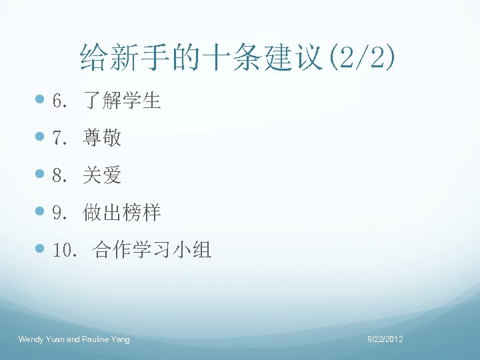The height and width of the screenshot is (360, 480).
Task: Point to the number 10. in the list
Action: click(66, 251)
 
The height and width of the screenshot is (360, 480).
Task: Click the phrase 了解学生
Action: click(122, 101)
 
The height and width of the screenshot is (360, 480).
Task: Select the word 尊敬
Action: click(102, 139)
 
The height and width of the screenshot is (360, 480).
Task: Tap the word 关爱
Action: click(102, 176)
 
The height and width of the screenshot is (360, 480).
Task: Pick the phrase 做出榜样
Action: click(122, 213)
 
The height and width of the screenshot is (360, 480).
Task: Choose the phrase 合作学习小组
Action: click(153, 251)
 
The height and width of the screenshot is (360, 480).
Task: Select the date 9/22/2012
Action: click(385, 340)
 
